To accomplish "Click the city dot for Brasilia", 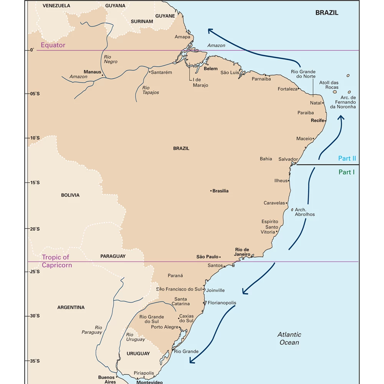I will coord(211,191).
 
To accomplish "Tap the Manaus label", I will coord(92,72).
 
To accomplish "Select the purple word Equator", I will coord(53,45).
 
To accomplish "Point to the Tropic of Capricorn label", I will coord(56,261).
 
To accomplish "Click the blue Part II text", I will coord(347,158).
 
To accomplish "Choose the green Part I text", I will coord(346,172).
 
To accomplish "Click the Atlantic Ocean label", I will coord(289,338).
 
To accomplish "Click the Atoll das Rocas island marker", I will coord(334,92).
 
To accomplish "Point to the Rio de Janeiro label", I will coord(242,252).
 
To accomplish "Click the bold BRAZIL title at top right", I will coord(327,13).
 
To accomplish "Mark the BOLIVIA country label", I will coord(70,195).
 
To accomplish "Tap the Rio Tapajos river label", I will coord(150,90).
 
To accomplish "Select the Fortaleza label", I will coord(288,89).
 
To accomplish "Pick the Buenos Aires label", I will coord(106,379).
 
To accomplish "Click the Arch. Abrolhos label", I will coord(305,212).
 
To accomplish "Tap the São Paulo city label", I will coord(207,257).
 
